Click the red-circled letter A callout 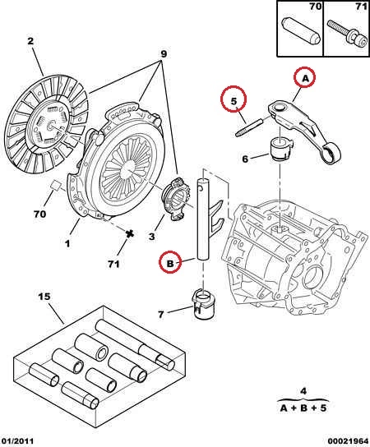[305, 77]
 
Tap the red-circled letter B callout [170, 263]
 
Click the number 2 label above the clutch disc [30, 41]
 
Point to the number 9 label [164, 54]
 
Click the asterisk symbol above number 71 [130, 233]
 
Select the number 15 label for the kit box [44, 297]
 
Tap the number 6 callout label [245, 159]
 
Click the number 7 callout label [161, 315]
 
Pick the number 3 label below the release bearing [152, 237]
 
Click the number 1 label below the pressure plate [67, 244]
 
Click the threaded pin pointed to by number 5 [249, 128]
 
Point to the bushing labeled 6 [280, 149]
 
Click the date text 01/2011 [17, 441]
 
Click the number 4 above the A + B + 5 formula [303, 391]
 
